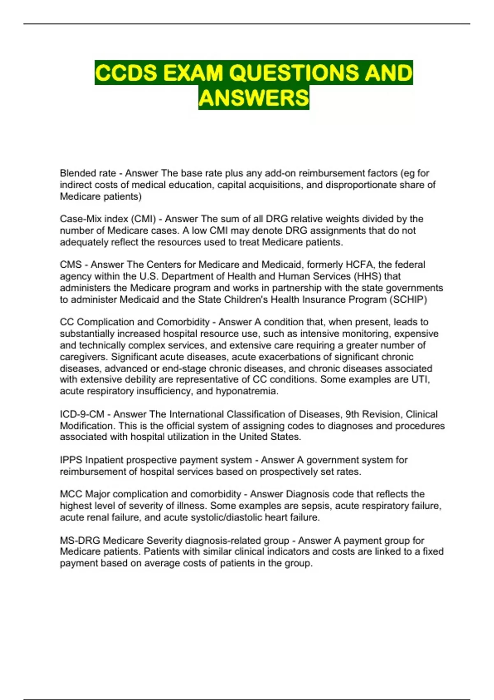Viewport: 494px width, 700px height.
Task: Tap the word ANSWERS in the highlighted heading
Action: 254,98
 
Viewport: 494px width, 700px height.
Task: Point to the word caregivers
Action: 84,357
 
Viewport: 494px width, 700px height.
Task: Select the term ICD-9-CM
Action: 82,414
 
